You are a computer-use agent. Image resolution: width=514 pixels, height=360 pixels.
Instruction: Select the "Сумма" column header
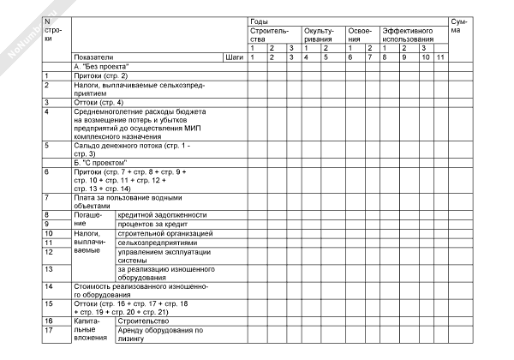coord(459,25)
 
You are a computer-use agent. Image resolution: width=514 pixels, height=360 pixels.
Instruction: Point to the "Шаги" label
coord(232,57)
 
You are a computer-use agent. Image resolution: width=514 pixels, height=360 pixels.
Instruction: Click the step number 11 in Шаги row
coord(439,57)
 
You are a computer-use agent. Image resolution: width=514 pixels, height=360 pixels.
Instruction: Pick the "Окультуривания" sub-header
coord(319,34)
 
